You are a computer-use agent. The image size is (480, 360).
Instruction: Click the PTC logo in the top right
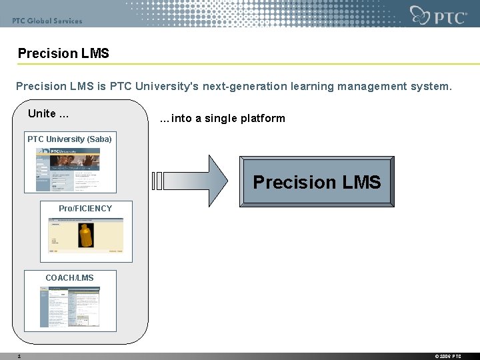[439, 15]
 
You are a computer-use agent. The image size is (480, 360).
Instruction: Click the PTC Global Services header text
[47, 21]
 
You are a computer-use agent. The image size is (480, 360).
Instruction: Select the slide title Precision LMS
[63, 53]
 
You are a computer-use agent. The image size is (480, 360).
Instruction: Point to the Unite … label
[48, 113]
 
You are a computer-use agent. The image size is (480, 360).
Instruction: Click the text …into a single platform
[223, 119]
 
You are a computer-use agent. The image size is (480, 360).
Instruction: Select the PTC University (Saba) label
[69, 139]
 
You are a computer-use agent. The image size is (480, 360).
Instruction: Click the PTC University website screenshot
[67, 169]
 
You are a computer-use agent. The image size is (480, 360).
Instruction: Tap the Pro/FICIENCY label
[85, 209]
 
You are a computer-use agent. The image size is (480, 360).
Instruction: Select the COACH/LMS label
[69, 278]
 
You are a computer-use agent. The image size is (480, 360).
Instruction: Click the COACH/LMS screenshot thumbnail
[69, 307]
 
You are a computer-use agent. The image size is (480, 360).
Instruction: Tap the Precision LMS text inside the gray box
[317, 182]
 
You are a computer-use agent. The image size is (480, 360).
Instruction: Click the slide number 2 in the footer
[19, 356]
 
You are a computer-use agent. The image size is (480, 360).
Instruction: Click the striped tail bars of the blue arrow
[158, 181]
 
